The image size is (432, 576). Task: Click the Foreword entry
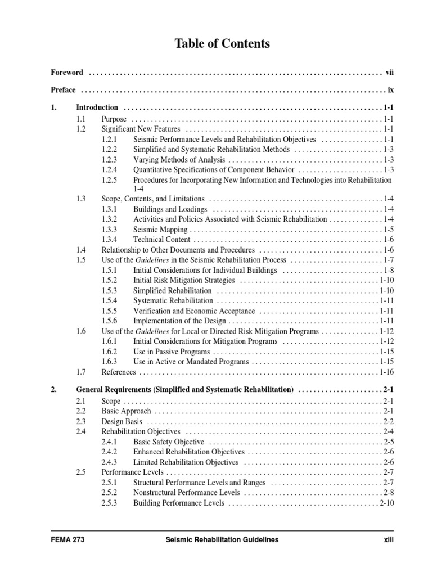67,73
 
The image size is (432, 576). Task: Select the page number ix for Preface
390,90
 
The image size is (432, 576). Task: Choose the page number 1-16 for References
387,372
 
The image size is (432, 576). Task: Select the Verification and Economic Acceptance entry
195,310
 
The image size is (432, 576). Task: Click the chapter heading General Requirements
185,389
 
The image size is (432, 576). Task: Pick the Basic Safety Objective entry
168,442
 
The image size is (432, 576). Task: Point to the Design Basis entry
121,421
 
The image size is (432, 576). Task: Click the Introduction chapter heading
97,107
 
